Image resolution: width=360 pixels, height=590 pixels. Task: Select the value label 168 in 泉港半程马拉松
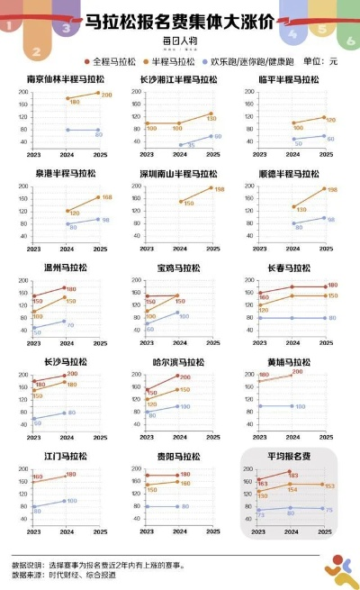click(106, 198)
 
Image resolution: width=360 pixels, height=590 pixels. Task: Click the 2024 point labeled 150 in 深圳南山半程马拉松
click(180, 202)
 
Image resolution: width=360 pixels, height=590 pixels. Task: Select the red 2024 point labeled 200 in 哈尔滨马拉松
click(178, 377)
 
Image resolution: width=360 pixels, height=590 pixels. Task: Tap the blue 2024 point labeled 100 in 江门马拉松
click(65, 502)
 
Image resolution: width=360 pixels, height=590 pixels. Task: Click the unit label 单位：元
click(320, 61)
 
